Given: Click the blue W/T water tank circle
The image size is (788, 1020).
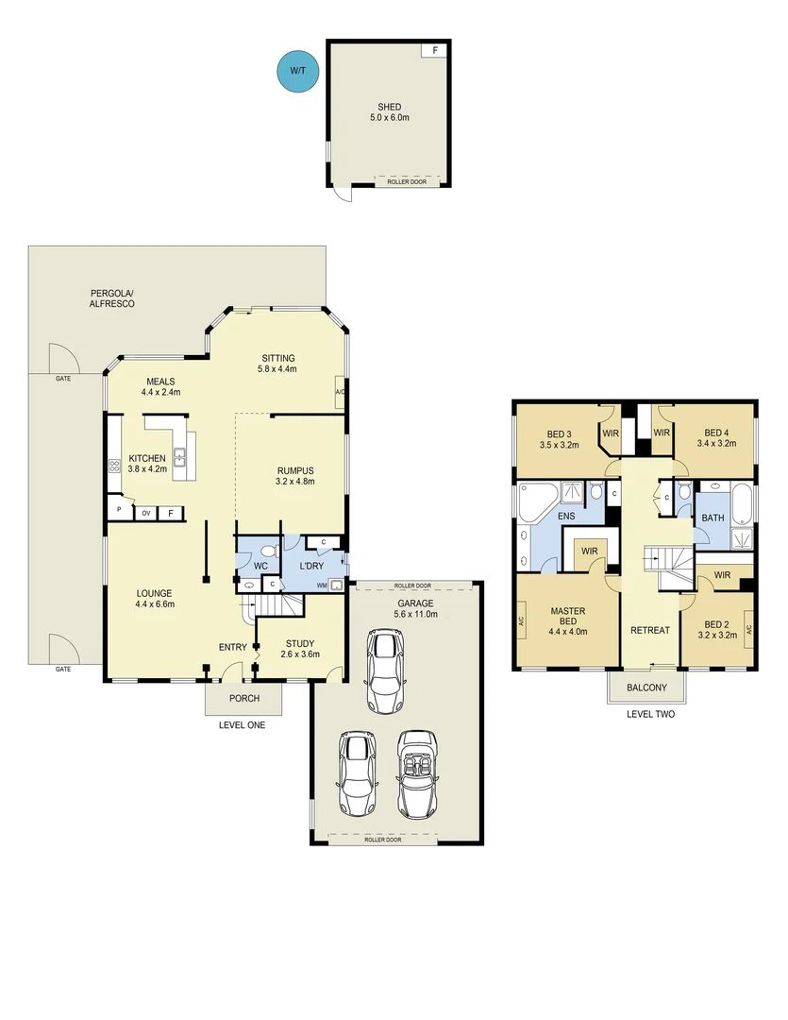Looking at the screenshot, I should (297, 71).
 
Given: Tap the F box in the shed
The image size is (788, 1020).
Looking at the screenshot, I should (434, 50).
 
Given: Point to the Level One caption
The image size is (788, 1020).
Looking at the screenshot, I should (242, 725).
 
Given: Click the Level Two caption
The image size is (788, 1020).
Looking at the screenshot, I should (650, 714).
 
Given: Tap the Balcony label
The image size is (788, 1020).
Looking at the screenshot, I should (647, 688).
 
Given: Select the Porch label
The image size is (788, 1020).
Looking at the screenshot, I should (244, 699).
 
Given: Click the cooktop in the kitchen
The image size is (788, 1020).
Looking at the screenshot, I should (114, 465).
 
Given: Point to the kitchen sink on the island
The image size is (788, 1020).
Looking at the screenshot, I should (178, 459).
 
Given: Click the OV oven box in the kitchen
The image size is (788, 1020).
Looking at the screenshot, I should (146, 513).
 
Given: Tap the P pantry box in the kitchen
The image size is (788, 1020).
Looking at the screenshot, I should (119, 510).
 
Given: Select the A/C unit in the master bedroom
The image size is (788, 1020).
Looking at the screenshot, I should (520, 621).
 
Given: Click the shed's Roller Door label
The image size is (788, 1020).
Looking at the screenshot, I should (407, 181).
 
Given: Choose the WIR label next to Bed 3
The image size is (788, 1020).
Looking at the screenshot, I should (611, 433).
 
